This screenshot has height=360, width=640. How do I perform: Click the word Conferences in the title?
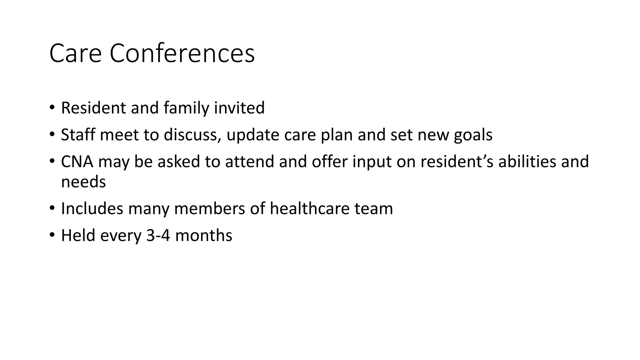tap(182, 53)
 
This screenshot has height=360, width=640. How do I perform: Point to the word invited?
tap(239, 108)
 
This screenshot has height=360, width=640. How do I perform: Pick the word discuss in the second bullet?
tap(192, 135)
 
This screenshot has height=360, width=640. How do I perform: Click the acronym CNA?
tap(77, 162)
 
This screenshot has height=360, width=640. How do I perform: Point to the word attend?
tap(249, 162)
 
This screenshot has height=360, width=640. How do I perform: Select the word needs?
tap(83, 182)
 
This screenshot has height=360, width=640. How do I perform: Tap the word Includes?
tap(92, 208)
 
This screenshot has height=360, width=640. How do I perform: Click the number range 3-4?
tap(158, 235)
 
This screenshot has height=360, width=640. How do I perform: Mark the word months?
tap(203, 235)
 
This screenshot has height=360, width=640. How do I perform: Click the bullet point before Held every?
tap(52, 235)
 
